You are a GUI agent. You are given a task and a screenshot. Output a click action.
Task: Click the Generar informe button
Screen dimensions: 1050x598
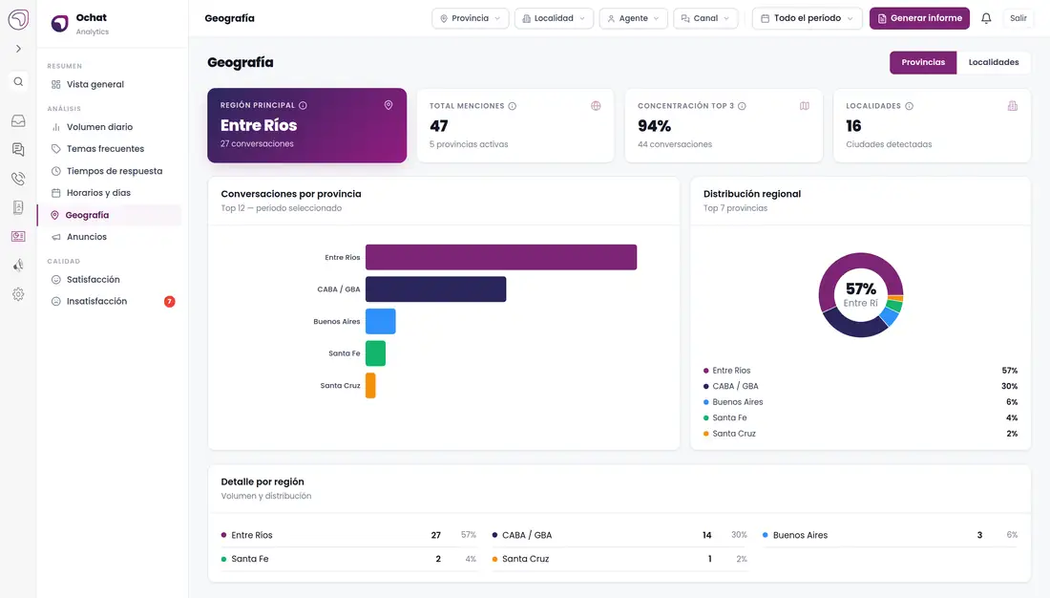pyautogui.click(x=919, y=18)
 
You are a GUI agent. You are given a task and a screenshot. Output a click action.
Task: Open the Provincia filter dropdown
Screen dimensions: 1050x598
pyautogui.click(x=470, y=18)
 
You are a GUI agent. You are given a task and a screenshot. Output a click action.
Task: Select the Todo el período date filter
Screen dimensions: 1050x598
pyautogui.click(x=807, y=18)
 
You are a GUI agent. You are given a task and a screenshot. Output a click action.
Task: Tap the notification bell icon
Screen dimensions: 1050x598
pyautogui.click(x=986, y=18)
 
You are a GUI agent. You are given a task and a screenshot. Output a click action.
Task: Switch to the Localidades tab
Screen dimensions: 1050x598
pyautogui.click(x=994, y=62)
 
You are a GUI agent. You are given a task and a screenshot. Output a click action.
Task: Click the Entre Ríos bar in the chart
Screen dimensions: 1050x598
pyautogui.click(x=501, y=257)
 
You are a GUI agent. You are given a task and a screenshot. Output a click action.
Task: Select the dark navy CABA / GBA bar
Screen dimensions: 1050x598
pyautogui.click(x=436, y=288)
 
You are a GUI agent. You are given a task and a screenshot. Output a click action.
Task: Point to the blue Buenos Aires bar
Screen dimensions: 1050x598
pyautogui.click(x=380, y=321)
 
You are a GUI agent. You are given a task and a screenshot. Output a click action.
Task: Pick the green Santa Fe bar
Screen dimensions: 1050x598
pyautogui.click(x=376, y=353)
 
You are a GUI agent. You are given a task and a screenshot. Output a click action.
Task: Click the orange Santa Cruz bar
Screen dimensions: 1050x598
pyautogui.click(x=370, y=386)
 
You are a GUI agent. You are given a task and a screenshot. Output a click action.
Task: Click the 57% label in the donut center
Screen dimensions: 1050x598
pyautogui.click(x=860, y=288)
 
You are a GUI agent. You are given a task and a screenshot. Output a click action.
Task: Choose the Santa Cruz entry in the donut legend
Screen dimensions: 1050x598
pyautogui.click(x=734, y=434)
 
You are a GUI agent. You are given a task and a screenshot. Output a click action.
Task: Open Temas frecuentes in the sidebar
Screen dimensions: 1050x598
pyautogui.click(x=105, y=149)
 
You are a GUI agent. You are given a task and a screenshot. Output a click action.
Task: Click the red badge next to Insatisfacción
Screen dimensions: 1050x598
pyautogui.click(x=169, y=302)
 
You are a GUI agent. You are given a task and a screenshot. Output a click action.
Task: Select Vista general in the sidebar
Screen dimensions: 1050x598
pyautogui.click(x=95, y=84)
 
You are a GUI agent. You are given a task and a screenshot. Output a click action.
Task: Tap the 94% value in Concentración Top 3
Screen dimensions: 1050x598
pyautogui.click(x=654, y=126)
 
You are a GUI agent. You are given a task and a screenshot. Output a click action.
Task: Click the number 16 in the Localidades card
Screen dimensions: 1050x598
pyautogui.click(x=853, y=126)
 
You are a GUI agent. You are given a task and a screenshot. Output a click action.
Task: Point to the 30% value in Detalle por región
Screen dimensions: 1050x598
pyautogui.click(x=739, y=535)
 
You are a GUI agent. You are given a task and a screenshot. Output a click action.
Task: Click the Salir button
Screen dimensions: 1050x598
pyautogui.click(x=1018, y=18)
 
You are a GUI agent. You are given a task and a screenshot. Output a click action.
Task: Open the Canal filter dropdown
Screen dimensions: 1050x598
pyautogui.click(x=705, y=18)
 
